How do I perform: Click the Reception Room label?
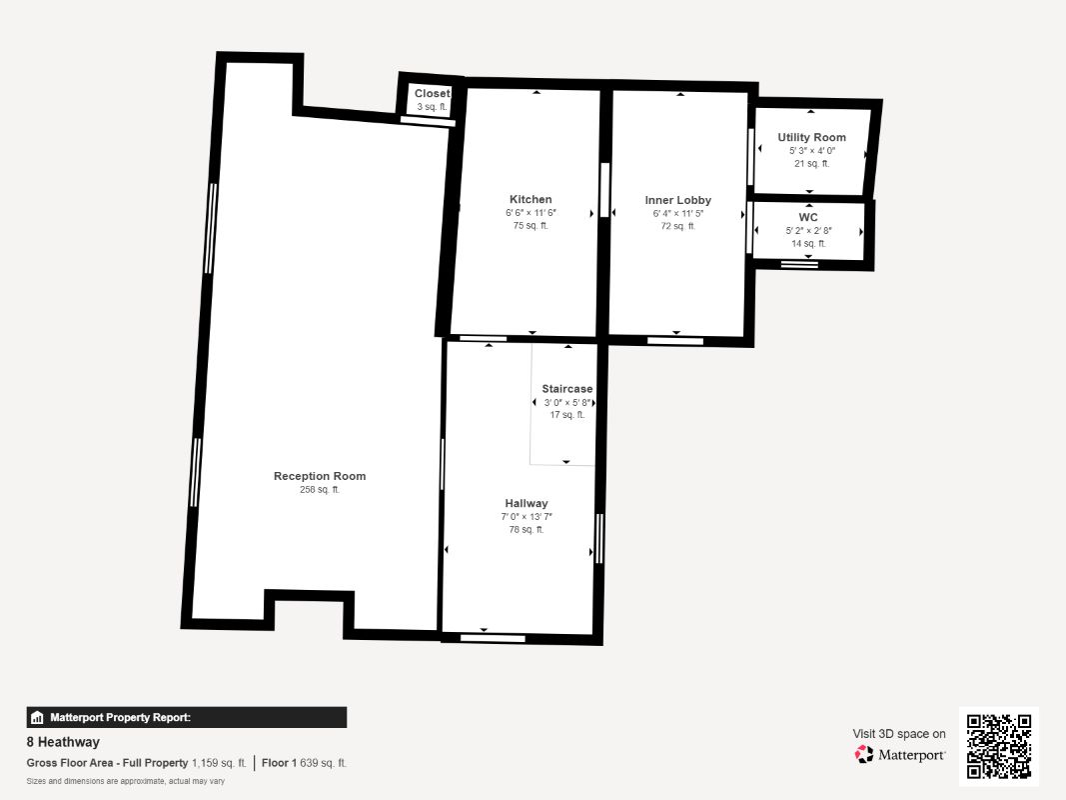[320, 476]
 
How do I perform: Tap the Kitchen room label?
[531, 199]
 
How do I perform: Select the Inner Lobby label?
[677, 200]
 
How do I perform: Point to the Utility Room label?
[811, 137]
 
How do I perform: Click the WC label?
[808, 218]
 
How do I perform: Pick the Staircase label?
[567, 389]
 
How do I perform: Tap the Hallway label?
[527, 503]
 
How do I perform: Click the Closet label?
[433, 93]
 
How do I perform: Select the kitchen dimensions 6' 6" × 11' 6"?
[531, 213]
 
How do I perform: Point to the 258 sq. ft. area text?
[320, 490]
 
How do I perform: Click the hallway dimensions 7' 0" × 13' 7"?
[527, 517]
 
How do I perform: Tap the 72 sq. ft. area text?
[677, 226]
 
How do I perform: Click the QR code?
[999, 746]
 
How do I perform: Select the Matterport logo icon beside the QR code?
[864, 754]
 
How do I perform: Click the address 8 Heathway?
[63, 742]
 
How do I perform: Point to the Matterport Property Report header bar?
[186, 718]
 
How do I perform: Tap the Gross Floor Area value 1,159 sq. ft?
[219, 763]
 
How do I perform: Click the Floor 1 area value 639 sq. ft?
[323, 763]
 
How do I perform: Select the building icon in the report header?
[37, 718]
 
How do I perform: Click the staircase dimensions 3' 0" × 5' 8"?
[567, 403]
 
